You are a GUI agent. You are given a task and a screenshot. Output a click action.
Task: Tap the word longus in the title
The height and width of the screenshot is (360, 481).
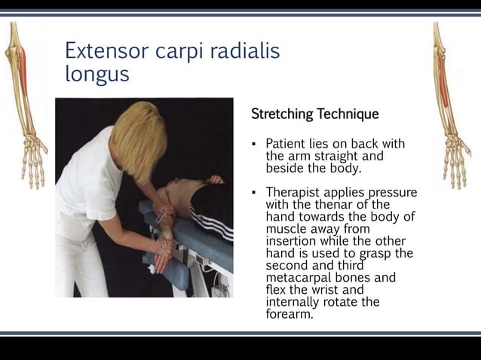97,75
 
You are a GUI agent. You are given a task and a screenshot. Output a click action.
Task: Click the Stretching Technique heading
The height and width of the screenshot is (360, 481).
314,114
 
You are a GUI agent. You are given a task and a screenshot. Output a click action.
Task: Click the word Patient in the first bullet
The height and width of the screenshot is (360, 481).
290,143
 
